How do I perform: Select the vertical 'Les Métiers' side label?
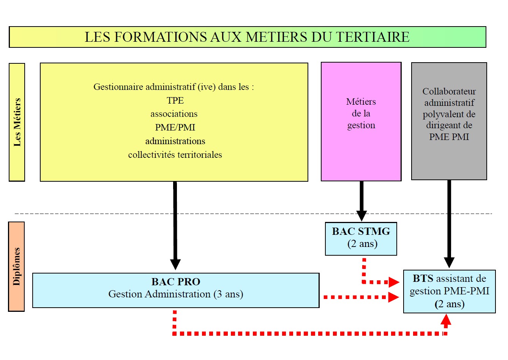(x=17, y=122)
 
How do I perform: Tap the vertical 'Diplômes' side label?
(x=16, y=266)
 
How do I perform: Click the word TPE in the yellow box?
(x=175, y=101)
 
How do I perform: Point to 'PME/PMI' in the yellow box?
(x=175, y=127)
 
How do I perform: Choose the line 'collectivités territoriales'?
(x=175, y=155)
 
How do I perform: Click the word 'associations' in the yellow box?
(x=174, y=114)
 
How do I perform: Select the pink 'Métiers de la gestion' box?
(x=361, y=121)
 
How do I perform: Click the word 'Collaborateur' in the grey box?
(x=449, y=91)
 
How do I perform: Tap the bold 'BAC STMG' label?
(x=361, y=231)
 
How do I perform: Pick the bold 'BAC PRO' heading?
(x=176, y=282)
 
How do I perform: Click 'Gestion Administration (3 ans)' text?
(x=176, y=294)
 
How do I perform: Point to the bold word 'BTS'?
(x=423, y=278)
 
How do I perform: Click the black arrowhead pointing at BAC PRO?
(x=175, y=264)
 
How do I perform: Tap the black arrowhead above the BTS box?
(x=449, y=263)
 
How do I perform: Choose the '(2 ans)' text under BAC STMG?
(x=362, y=244)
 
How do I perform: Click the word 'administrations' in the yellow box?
(x=175, y=141)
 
